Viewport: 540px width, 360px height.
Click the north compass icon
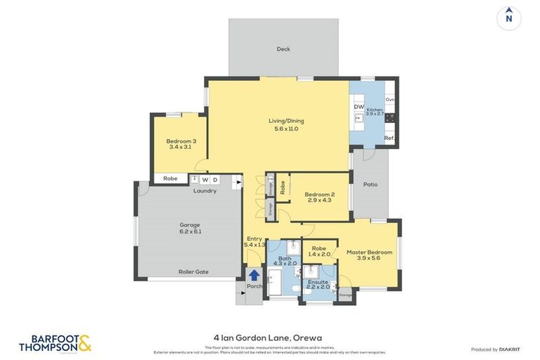(508, 18)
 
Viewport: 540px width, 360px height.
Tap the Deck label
(283, 49)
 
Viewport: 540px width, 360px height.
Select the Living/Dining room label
(286, 121)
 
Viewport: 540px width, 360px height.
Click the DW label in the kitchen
(358, 107)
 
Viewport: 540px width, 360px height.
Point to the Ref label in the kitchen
(389, 139)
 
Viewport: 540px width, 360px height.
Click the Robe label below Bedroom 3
(170, 179)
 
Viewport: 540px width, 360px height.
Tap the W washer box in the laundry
(205, 179)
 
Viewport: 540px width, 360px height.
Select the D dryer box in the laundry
(216, 179)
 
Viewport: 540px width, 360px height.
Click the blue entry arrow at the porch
(254, 275)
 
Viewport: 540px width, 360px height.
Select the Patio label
(370, 185)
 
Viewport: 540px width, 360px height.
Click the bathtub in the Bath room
(276, 285)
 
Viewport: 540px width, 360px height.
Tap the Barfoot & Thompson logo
(55, 343)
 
